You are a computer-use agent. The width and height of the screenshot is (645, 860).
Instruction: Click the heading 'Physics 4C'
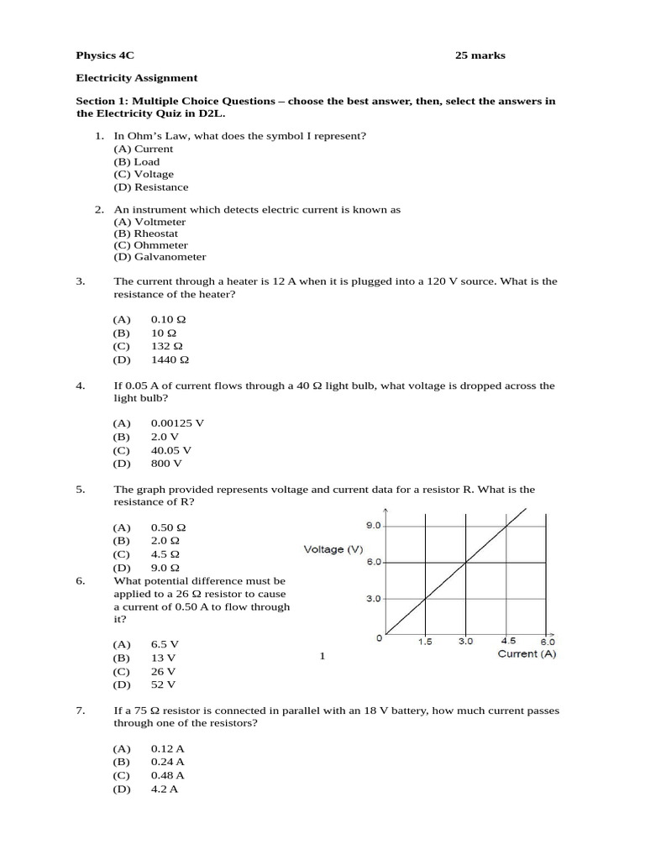[105, 56]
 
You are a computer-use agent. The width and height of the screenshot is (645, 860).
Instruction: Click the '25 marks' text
[480, 56]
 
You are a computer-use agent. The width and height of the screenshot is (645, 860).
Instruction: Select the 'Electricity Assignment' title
[137, 78]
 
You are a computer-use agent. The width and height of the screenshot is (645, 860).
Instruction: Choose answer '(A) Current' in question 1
[144, 149]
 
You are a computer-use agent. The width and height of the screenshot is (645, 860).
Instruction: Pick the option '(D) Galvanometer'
[160, 257]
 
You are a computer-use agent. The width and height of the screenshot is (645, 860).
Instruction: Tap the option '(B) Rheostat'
[146, 233]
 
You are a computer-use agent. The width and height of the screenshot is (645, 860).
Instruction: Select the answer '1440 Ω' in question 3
[170, 359]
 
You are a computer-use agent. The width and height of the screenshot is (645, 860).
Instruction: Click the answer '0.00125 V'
[177, 423]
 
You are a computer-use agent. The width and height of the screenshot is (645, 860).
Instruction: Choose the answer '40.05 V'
[171, 449]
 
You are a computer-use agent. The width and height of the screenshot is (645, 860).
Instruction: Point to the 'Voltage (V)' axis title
[333, 549]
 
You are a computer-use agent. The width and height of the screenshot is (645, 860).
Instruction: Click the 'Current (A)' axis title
[527, 653]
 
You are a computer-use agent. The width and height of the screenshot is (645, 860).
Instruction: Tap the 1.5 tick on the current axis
[425, 642]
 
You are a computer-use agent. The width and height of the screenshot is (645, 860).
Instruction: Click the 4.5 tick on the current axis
[509, 642]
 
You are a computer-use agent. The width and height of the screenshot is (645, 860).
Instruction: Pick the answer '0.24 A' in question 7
[167, 762]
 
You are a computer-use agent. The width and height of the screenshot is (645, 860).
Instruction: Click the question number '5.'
[81, 489]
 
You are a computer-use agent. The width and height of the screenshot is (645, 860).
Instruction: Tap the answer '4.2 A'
[164, 789]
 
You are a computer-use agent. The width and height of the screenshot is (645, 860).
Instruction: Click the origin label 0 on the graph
[379, 638]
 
